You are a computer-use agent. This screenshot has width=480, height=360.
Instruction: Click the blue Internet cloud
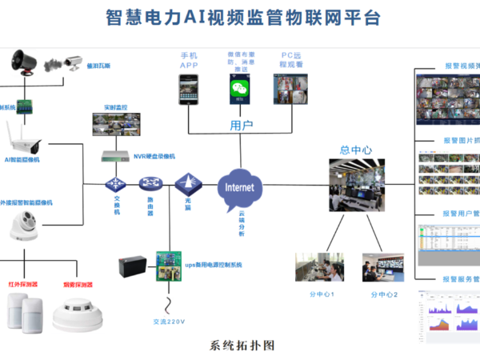[240, 187]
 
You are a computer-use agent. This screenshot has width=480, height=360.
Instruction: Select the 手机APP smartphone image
[189, 87]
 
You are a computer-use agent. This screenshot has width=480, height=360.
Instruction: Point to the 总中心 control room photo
[358, 185]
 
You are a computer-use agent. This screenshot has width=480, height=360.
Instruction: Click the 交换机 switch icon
[114, 185]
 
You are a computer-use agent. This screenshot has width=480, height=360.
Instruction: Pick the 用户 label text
[241, 126]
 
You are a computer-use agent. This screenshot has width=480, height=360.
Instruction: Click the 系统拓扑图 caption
[242, 346]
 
